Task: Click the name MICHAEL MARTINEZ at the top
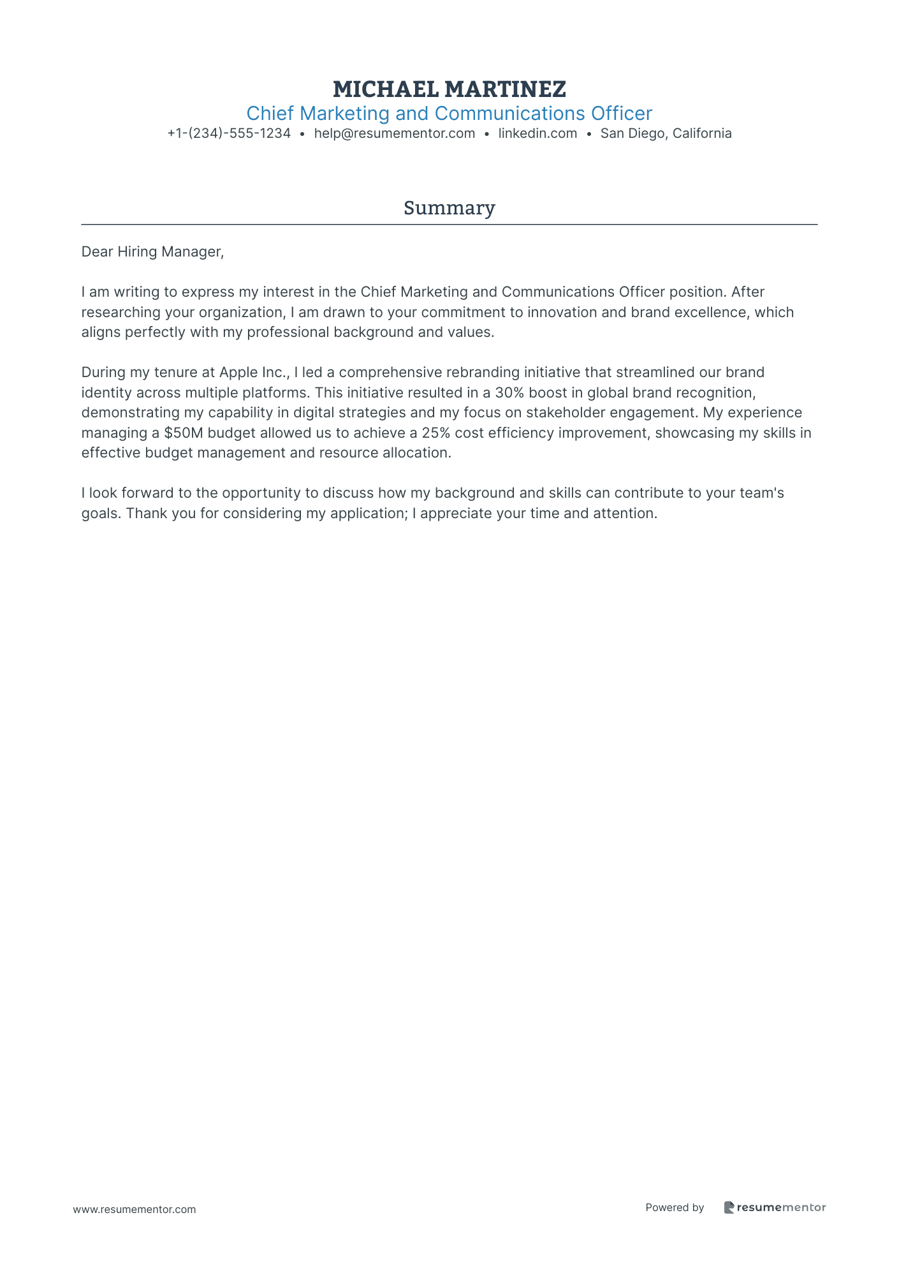449,89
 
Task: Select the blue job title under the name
449,114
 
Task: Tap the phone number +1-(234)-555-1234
229,133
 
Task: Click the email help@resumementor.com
394,133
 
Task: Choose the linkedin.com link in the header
537,133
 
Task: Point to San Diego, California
666,133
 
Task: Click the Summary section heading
449,208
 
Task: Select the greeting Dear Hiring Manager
152,251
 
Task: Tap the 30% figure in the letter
509,392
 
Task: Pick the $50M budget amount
184,433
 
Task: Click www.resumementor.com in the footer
135,1209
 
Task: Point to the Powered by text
675,1207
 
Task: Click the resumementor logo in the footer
775,1207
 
